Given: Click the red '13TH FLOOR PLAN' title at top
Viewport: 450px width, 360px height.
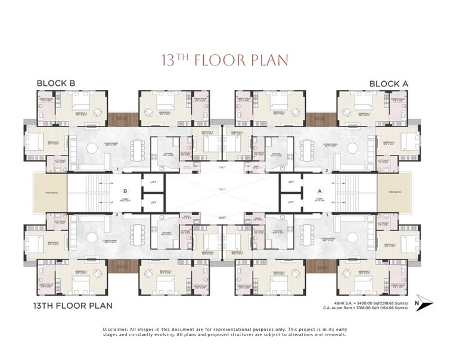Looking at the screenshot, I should tap(225, 60).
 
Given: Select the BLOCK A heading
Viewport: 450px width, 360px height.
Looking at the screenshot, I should tap(389, 83).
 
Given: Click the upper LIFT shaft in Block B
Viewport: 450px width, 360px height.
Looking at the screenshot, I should tap(153, 182).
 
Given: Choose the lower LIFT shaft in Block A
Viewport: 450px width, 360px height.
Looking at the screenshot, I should tap(291, 203).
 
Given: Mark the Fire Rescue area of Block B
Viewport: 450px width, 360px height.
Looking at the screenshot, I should tap(49, 192).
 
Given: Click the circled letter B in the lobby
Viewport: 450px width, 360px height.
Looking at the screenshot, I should tap(125, 192).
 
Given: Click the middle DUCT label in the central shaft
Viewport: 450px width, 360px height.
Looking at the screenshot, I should tap(222, 190).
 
